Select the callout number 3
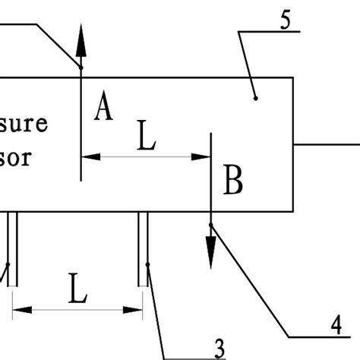click(x=219, y=348)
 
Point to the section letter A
click(x=104, y=107)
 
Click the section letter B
click(x=233, y=182)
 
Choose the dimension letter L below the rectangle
click(x=77, y=289)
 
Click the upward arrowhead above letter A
click(x=81, y=46)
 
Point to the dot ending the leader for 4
click(x=211, y=225)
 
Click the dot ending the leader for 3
click(x=148, y=265)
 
